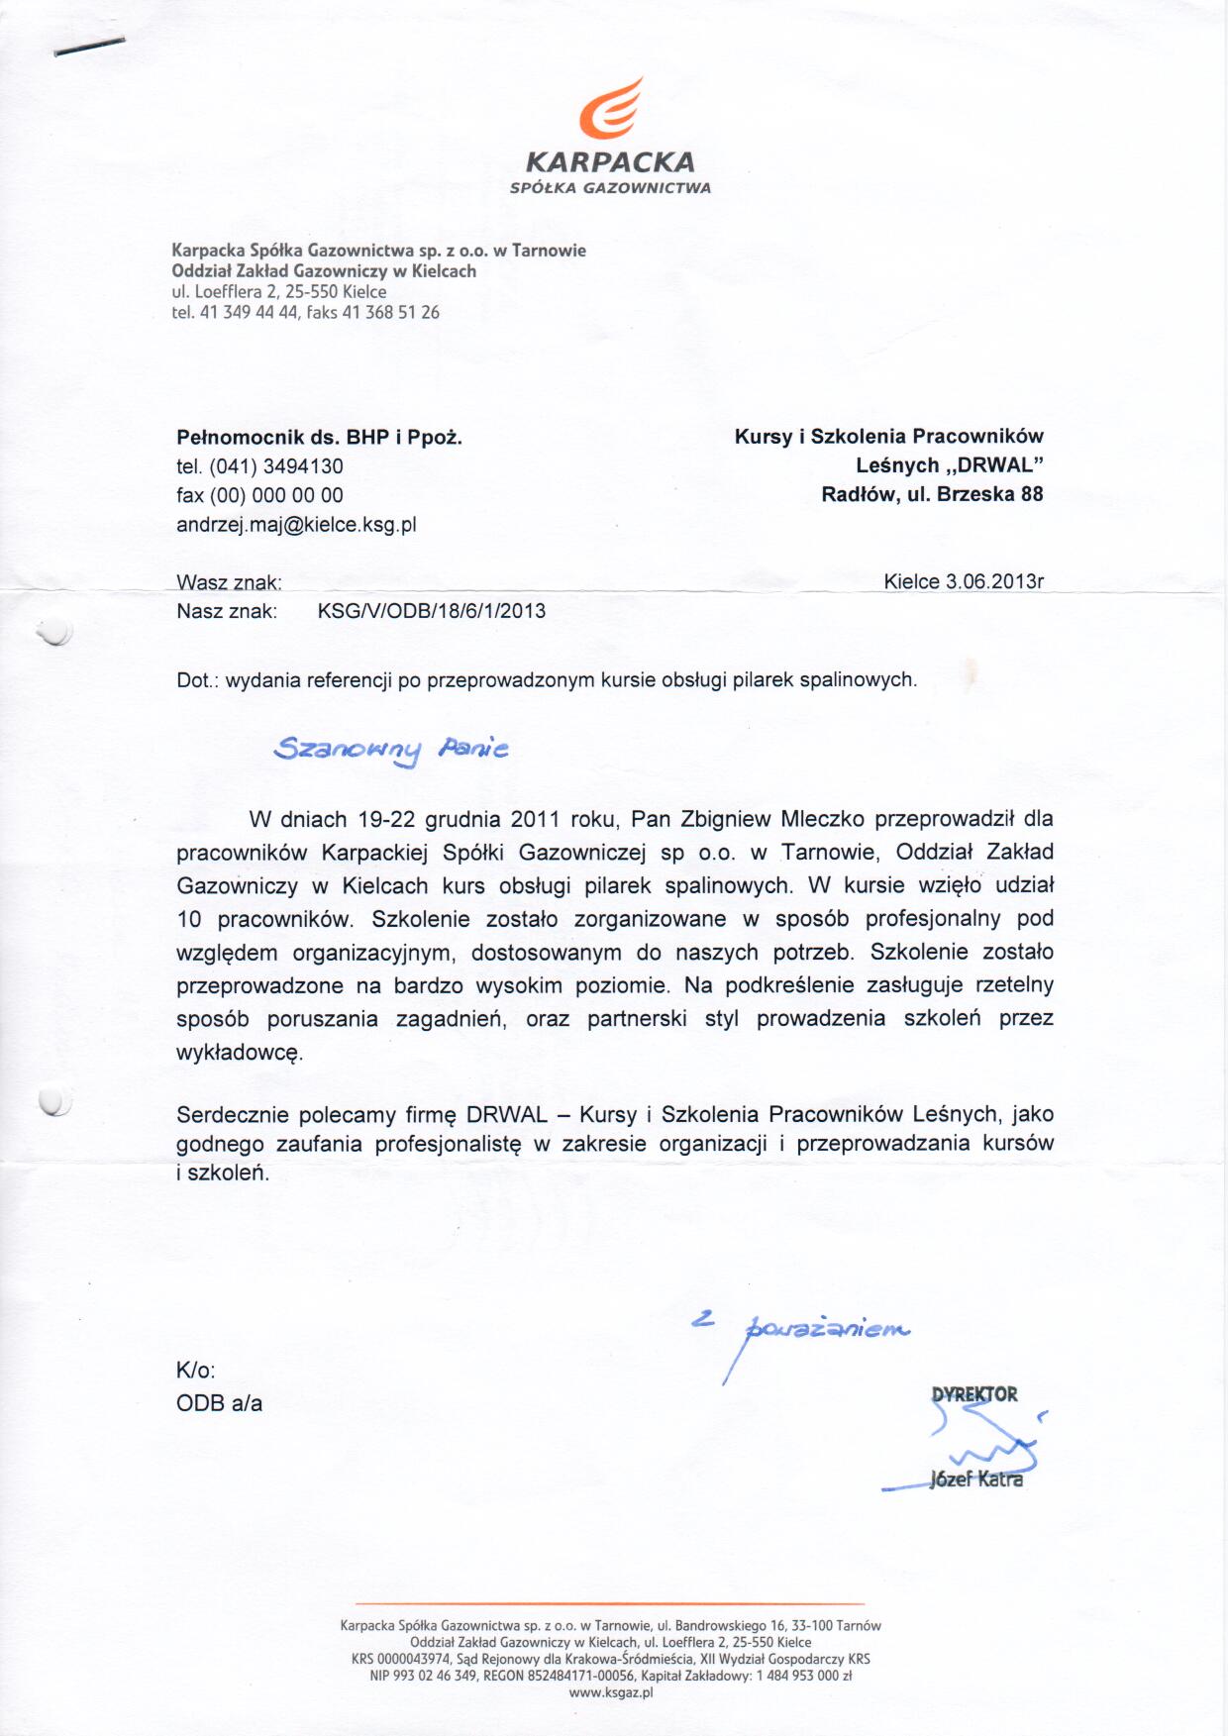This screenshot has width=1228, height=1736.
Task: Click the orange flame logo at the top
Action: [x=609, y=108]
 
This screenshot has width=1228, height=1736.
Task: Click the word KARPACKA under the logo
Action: [x=610, y=161]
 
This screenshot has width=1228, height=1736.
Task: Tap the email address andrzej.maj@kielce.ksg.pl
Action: [x=296, y=525]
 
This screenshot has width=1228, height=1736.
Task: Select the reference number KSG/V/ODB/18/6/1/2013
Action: [x=431, y=611]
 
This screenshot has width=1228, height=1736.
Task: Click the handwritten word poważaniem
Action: [x=828, y=1328]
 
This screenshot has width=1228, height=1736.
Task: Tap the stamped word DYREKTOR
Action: [x=973, y=1394]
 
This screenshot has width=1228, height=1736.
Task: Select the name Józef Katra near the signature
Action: [x=975, y=1480]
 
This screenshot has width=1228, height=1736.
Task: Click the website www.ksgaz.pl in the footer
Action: [x=611, y=1692]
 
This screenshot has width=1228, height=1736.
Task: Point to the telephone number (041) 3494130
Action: [x=276, y=466]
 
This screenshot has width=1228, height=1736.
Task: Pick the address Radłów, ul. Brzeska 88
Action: [x=932, y=494]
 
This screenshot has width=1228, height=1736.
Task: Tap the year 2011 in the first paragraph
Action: [x=535, y=819]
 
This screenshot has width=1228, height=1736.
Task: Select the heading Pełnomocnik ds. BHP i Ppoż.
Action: [x=319, y=437]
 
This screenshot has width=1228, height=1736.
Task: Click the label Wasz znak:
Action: [x=229, y=582]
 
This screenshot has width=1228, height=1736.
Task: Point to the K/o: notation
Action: [x=195, y=1371]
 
